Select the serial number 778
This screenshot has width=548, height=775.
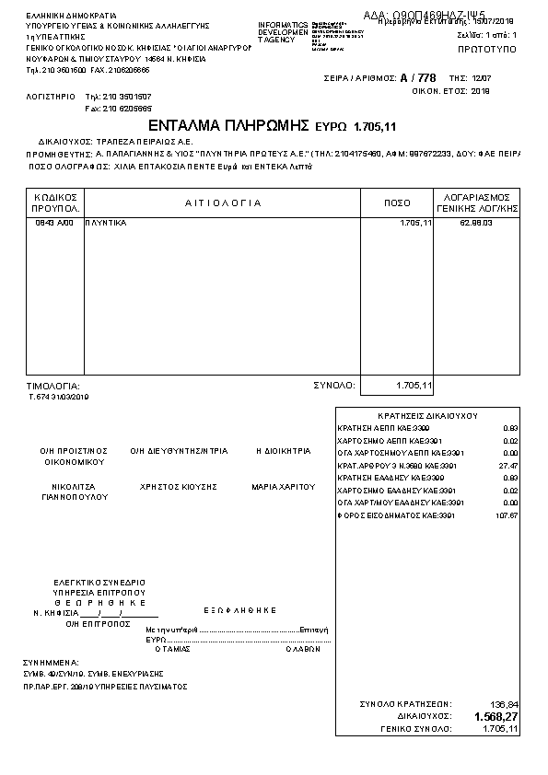[426, 79]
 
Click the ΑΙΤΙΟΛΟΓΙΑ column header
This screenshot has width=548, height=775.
[223, 202]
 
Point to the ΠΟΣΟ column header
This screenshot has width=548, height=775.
[397, 202]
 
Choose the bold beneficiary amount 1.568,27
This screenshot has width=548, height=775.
[496, 716]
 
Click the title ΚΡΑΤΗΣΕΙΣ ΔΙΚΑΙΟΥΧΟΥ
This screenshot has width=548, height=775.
[427, 416]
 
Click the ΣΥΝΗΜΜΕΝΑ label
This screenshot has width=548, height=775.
[52, 662]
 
